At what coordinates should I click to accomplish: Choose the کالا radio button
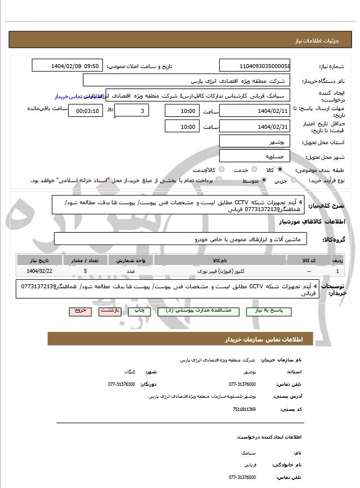coord(280,170)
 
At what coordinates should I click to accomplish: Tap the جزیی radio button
coord(294,180)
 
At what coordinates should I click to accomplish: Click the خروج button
coord(78,312)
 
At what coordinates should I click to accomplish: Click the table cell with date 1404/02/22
coord(39,272)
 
